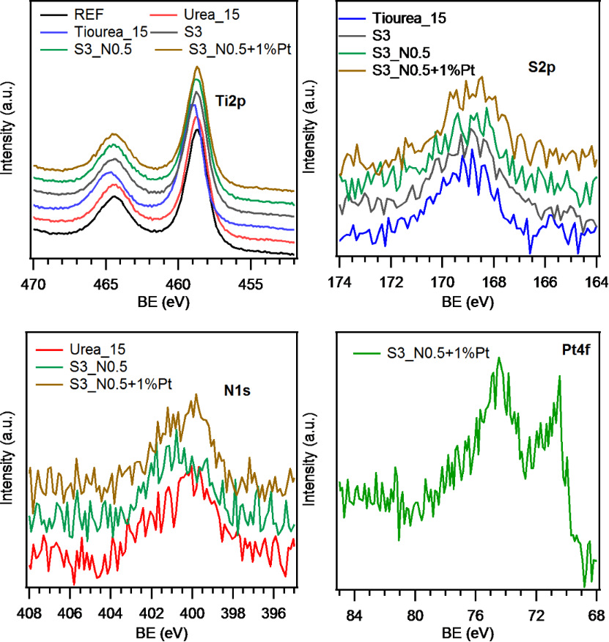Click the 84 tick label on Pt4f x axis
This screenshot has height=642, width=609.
[x=355, y=613]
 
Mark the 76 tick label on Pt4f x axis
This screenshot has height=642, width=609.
[x=476, y=613]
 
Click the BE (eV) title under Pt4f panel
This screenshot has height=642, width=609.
[x=467, y=631]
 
